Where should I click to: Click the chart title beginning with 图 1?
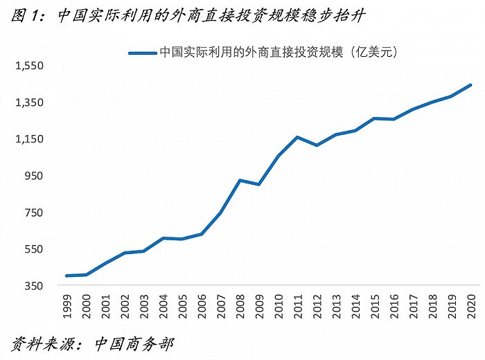tap(188, 16)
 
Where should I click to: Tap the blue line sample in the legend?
tap(142, 51)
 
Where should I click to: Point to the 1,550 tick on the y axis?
tap(29, 66)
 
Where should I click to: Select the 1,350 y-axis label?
tap(29, 102)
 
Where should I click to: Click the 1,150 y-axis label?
tap(29, 139)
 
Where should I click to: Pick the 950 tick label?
tap(33, 176)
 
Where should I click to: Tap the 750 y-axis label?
tap(33, 213)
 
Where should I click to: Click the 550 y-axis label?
tap(33, 249)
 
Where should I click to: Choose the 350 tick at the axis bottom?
tap(33, 286)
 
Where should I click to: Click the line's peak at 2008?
tap(240, 180)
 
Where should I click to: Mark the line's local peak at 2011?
tap(297, 137)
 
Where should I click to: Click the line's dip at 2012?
tap(317, 145)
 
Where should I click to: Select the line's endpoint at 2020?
tap(471, 85)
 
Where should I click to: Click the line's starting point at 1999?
tap(67, 276)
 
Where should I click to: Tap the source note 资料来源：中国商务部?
tap(94, 343)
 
